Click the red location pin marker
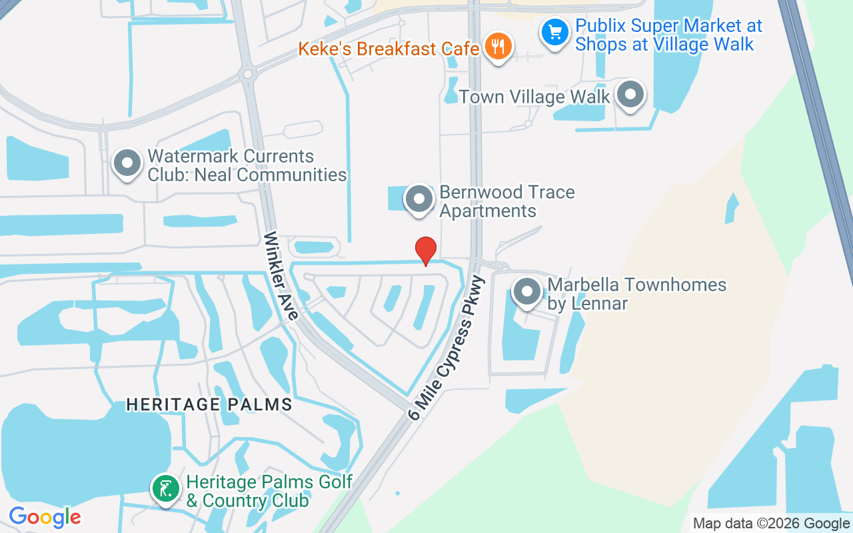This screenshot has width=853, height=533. pos(426,251)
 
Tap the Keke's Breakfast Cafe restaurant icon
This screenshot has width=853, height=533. pos(497,46)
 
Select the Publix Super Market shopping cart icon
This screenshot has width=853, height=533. pos(554,32)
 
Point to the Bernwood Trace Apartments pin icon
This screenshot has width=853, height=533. pos(419,199)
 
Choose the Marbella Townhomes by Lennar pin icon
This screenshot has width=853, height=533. pos(528,291)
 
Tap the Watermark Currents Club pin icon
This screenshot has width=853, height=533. pos(126,163)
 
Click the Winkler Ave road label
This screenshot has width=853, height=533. pos(280,275)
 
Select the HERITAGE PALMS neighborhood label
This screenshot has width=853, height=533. pos(209,404)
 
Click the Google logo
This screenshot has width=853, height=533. pos(45,517)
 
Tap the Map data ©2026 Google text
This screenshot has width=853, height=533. pos(772,524)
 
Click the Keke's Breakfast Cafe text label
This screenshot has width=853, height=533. pos(389,49)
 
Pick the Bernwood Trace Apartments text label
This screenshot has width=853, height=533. pos(506,201)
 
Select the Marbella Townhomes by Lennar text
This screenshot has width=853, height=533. pos(636,294)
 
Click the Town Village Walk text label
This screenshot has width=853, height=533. pos(534,97)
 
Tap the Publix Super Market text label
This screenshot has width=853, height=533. pos(668,35)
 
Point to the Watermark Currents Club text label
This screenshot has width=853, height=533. pos(247,165)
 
